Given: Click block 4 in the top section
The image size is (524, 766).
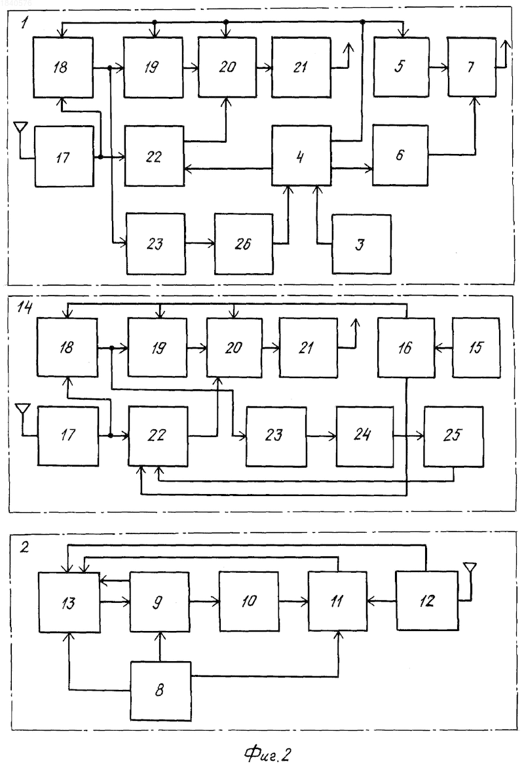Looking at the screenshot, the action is tap(301, 156).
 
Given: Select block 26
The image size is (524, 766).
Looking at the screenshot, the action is tap(244, 244).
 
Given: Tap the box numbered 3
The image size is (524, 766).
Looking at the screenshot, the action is tap(362, 244).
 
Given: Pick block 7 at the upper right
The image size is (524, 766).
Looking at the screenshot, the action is tap(472, 67).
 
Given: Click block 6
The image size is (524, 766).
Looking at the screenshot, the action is tap(400, 155).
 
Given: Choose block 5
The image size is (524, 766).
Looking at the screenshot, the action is tap(402, 67).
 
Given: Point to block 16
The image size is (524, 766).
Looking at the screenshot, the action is tap(406, 347).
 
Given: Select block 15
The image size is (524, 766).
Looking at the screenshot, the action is tap(476, 347).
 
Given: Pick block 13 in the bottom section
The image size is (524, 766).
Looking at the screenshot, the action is tap(69, 602).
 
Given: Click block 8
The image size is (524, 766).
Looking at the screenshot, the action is tap(160, 691).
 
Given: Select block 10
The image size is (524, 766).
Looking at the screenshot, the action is tap(249, 602).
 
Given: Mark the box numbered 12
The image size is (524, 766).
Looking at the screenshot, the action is tap(427, 600).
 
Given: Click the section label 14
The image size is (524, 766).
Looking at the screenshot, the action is tap(24, 307).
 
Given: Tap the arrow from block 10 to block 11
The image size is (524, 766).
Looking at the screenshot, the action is tap(293, 602).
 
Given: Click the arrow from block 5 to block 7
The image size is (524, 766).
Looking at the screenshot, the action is tap(439, 67).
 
